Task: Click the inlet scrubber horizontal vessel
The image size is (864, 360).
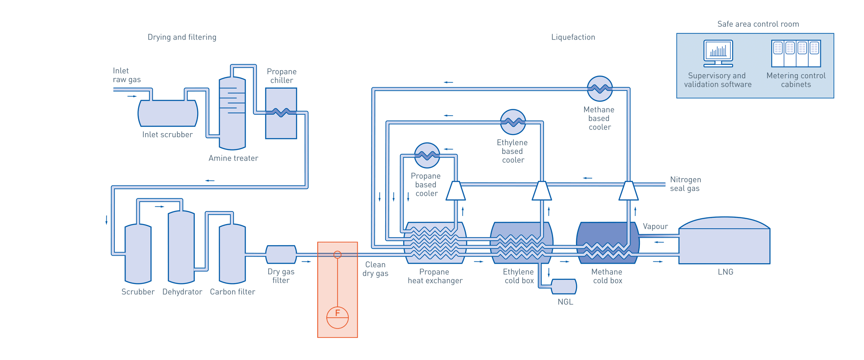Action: (x=167, y=113)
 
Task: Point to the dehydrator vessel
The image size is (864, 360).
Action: (x=181, y=247)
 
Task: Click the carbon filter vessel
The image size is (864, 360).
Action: (x=232, y=254)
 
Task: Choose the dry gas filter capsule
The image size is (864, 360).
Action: (x=281, y=254)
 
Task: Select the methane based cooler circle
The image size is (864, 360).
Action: (x=599, y=89)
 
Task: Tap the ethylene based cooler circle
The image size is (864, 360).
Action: (x=513, y=122)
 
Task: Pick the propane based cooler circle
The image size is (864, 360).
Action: (x=427, y=155)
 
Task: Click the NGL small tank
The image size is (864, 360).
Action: (x=564, y=287)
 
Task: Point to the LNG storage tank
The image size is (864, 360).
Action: (x=724, y=243)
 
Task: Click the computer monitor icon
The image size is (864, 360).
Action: (x=718, y=53)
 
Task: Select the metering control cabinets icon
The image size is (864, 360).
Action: (x=796, y=54)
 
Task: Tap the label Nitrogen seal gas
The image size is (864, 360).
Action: (x=685, y=184)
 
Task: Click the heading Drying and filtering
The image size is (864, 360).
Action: (x=182, y=37)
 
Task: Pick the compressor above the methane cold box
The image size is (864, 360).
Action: (x=628, y=191)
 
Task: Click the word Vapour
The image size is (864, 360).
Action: (x=655, y=226)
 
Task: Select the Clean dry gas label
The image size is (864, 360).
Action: (x=375, y=269)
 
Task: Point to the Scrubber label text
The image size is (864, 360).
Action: (x=138, y=292)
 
